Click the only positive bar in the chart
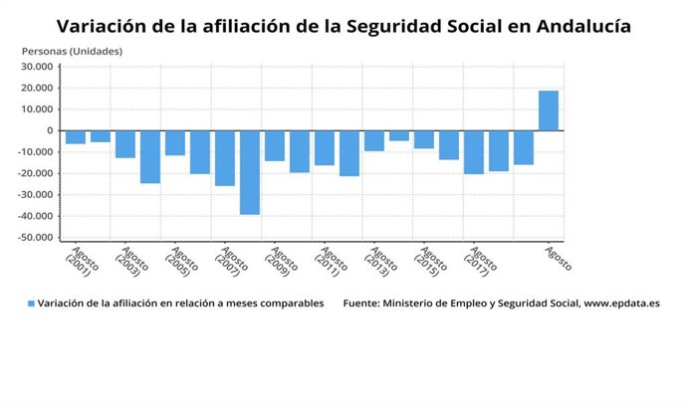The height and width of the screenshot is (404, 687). point(549,110)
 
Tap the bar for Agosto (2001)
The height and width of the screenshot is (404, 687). point(76,137)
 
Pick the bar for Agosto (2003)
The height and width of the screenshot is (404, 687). point(125,144)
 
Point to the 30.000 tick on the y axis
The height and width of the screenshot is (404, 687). point(37,67)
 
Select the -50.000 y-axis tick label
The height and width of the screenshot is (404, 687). point(35,238)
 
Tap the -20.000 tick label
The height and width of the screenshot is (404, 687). point(35,173)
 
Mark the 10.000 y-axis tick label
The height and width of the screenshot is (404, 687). point(37,88)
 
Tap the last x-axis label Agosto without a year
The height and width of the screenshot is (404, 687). point(558,259)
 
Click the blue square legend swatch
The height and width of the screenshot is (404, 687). point(31,303)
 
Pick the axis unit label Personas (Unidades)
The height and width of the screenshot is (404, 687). point(72,50)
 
